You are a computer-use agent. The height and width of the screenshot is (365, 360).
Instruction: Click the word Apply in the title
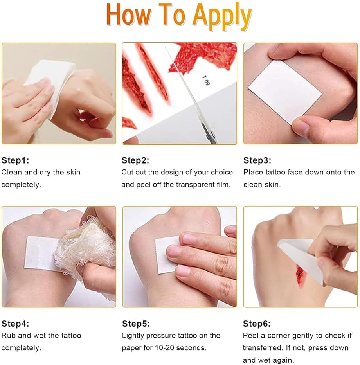point(222,16)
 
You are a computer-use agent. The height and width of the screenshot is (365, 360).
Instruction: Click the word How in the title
point(128,14)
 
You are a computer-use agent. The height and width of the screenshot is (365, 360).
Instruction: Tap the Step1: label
point(15,160)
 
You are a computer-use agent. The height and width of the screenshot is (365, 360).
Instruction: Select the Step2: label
point(135,160)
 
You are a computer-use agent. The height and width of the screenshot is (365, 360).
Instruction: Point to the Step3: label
point(257,160)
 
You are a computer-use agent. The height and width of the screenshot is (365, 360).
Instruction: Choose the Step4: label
point(15,324)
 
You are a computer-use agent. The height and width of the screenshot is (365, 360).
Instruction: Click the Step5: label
point(136,324)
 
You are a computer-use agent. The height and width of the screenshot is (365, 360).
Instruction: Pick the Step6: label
point(257,324)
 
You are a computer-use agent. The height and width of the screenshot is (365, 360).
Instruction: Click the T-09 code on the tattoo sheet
point(206,80)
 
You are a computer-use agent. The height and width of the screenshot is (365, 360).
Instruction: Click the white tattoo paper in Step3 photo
point(285,92)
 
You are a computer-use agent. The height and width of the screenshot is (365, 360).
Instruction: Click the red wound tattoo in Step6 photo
point(299,276)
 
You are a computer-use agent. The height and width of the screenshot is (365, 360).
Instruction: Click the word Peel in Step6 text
point(250,335)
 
